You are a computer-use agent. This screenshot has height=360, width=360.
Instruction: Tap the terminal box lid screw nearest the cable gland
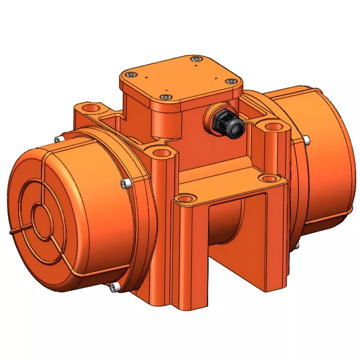(231, 81)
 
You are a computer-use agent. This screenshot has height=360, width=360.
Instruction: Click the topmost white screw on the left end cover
(57, 139)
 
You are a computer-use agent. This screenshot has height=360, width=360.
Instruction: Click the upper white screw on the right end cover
(306, 140)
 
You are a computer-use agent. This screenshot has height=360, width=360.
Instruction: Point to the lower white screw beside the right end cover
(297, 245)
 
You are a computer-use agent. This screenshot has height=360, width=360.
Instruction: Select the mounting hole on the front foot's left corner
(185, 198)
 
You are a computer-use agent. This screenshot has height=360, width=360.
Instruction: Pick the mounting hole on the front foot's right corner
(269, 177)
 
